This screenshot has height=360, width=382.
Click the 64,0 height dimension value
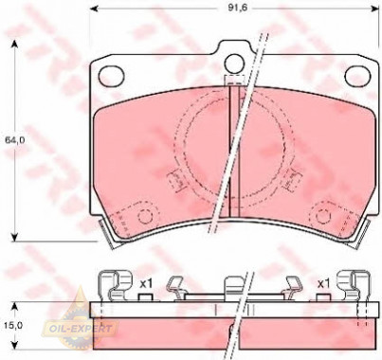(15, 139)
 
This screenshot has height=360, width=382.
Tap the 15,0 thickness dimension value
(14, 326)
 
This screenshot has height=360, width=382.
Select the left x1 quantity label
(146, 283)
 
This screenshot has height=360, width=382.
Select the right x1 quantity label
(323, 283)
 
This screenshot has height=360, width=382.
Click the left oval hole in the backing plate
(111, 76)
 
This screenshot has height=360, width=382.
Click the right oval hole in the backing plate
(357, 76)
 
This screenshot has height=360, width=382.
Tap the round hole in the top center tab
(234, 63)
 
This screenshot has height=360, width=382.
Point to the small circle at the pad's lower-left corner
(146, 217)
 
